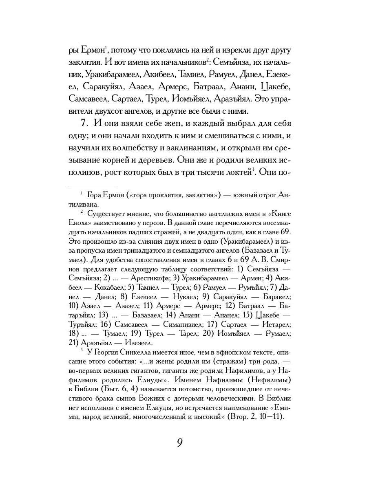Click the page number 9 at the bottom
coord(179,443)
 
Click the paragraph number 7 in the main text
coord(84,123)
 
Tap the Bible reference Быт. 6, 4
coord(122,389)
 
